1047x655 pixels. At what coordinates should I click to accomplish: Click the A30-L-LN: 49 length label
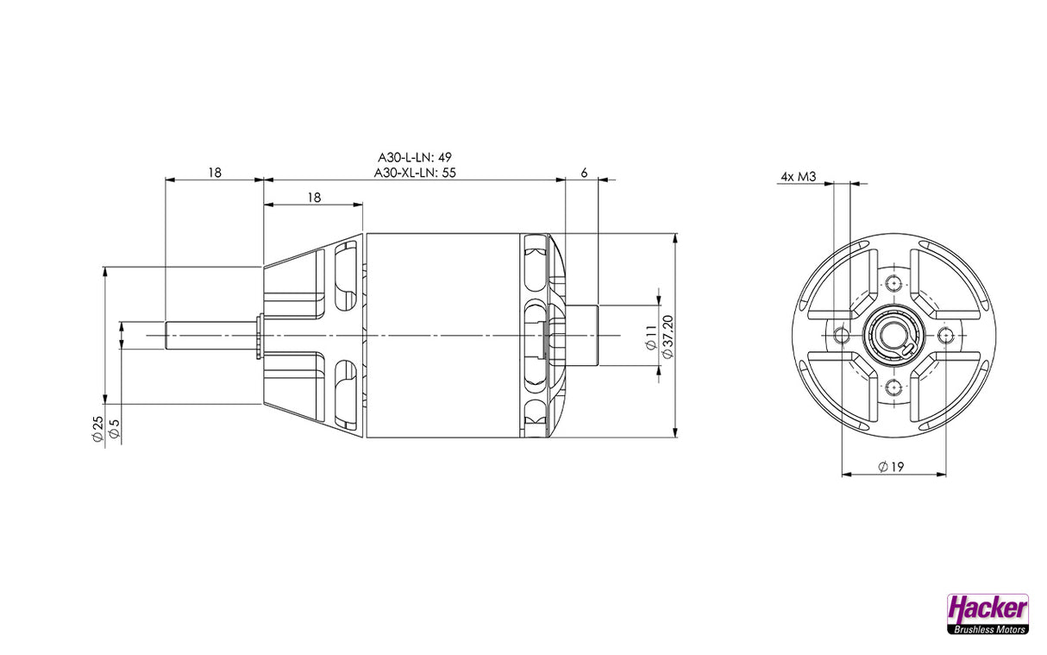pos(415,157)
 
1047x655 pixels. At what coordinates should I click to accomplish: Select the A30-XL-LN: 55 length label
pos(415,173)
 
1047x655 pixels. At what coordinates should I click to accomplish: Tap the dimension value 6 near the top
pos(584,173)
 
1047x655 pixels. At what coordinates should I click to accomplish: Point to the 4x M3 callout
pos(799,177)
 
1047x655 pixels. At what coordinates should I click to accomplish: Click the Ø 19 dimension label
pos(891,467)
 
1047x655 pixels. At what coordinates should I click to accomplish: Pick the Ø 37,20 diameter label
pos(668,337)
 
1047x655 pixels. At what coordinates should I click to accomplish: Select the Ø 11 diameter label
pos(650,337)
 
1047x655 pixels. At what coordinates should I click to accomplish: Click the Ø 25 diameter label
pos(97,429)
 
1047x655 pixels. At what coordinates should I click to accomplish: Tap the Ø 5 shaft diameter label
pos(114,429)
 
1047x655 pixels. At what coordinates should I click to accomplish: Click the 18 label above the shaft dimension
pos(215,173)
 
